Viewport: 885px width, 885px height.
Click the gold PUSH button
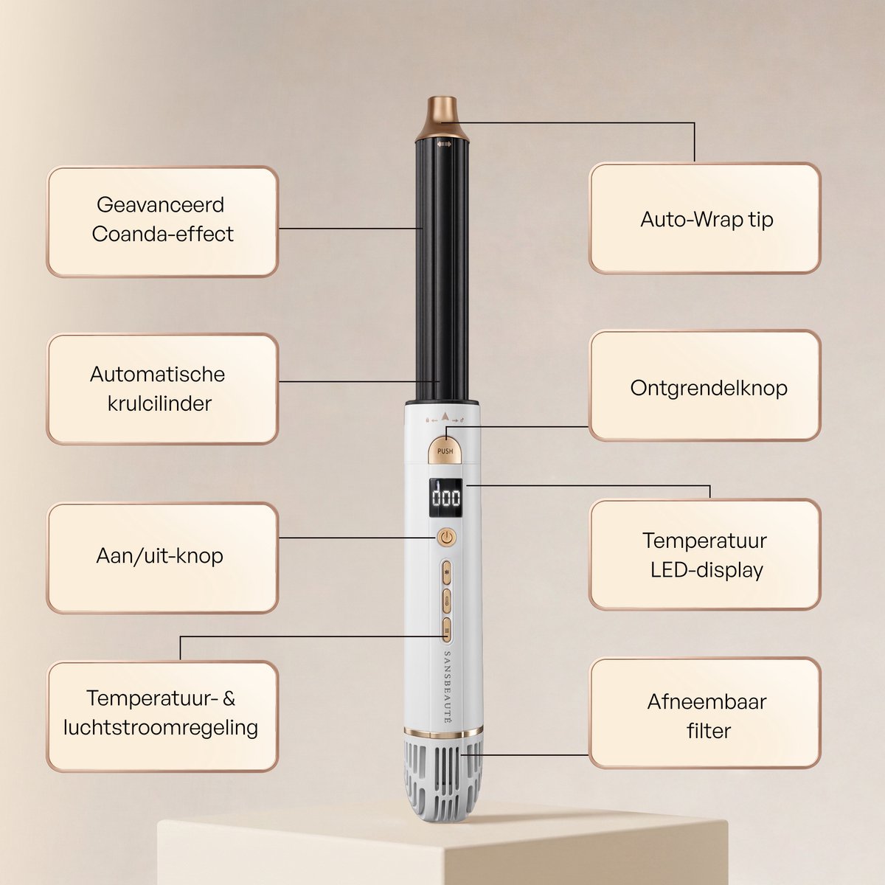445,450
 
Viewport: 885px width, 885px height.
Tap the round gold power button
446,537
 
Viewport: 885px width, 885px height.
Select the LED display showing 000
445,498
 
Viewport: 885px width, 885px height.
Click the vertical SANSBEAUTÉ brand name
447,687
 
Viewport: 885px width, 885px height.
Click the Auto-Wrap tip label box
704,218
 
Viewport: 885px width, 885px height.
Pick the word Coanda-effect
162,235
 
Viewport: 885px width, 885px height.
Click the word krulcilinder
159,403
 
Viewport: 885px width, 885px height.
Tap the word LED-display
707,570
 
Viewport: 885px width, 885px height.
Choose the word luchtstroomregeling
161,728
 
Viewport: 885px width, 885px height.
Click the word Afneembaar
707,701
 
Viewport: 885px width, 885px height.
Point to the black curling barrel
442,271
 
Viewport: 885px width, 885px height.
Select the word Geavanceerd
160,205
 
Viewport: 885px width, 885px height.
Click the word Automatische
158,375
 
